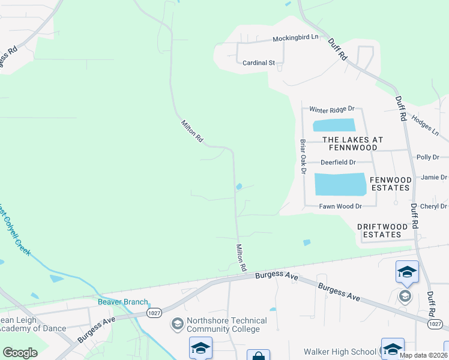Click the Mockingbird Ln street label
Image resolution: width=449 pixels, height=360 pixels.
pyautogui.click(x=295, y=38)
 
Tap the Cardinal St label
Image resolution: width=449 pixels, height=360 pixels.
pyautogui.click(x=258, y=62)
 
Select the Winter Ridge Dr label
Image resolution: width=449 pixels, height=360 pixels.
pyautogui.click(x=332, y=109)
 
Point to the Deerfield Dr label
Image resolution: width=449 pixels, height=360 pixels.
pyautogui.click(x=338, y=162)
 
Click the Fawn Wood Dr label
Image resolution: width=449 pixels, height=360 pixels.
pyautogui.click(x=340, y=206)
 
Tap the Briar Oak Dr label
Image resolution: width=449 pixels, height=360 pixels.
pyautogui.click(x=303, y=157)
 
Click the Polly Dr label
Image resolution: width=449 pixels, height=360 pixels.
pyautogui.click(x=428, y=157)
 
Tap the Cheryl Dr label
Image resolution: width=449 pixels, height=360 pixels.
pyautogui.click(x=435, y=206)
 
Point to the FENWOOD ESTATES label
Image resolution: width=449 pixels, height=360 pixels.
pyautogui.click(x=391, y=184)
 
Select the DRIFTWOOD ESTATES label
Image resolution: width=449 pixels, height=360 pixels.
pyautogui.click(x=387, y=230)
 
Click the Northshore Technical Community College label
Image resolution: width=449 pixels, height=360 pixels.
pyautogui.click(x=223, y=325)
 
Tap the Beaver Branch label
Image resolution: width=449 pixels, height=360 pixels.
pyautogui.click(x=123, y=302)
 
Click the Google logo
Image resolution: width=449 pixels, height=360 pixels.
pyautogui.click(x=20, y=352)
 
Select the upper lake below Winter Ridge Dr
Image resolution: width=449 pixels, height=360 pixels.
pyautogui.click(x=334, y=125)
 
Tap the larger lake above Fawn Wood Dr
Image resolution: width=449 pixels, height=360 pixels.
pyautogui.click(x=340, y=184)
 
